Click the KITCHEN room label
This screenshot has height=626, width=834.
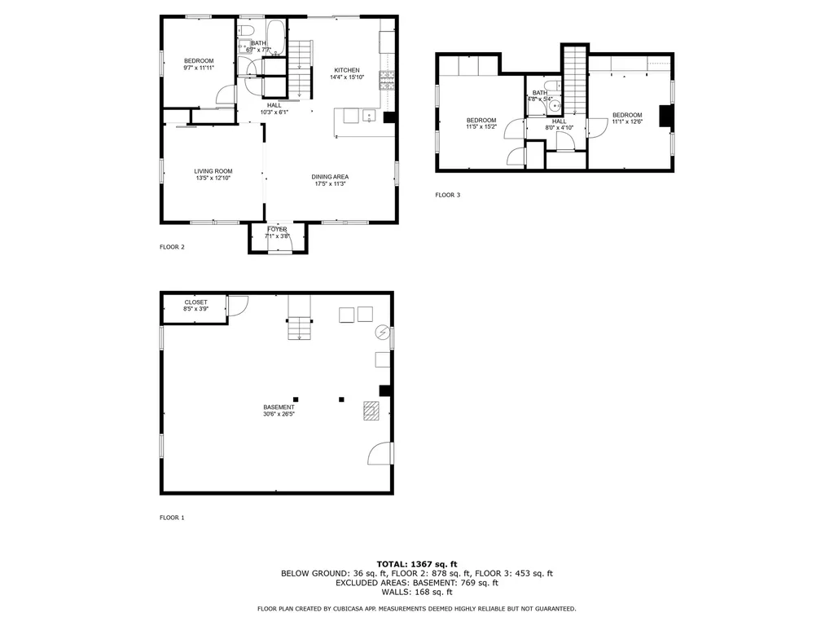pos(346,70)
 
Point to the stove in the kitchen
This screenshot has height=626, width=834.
pos(388,80)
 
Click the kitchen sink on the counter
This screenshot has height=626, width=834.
pos(368,116)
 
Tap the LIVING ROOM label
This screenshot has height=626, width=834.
pos(213,171)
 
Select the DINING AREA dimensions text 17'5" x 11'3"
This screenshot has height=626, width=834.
pos(331,184)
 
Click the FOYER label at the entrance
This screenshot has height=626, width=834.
pos(278,229)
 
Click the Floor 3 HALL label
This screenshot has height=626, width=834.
pos(559,121)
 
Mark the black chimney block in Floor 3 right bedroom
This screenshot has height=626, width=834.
pos(665,118)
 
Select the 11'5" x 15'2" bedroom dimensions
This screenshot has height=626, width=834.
pos(481,127)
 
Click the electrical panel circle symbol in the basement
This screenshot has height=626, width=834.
pos(382,333)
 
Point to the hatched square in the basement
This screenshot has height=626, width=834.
pos(371,412)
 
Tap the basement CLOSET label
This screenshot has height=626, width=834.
pos(195,302)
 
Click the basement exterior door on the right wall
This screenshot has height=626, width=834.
pos(381,453)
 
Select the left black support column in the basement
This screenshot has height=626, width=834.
pos(296,399)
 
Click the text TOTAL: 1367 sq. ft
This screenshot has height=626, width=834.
pos(416,563)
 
